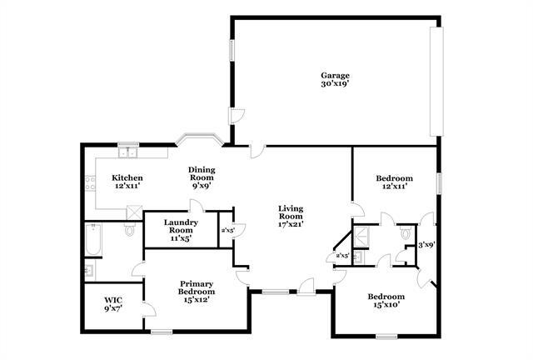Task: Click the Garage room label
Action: point(335,76)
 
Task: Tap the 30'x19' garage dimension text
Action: point(335,84)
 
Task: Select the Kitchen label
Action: point(127,177)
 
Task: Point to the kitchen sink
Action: point(127,152)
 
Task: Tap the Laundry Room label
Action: point(181,226)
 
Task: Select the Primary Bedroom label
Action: point(197,288)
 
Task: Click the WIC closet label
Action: point(113,300)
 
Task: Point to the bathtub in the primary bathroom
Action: point(92,241)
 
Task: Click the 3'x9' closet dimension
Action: point(426,245)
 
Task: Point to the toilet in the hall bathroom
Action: point(406,235)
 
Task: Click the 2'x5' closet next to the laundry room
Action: point(227,230)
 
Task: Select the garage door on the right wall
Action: point(434,81)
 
